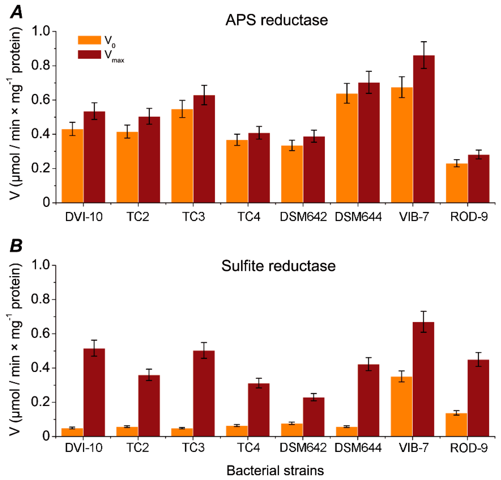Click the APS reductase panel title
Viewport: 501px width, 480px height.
click(x=277, y=20)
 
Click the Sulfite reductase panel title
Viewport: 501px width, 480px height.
click(x=278, y=266)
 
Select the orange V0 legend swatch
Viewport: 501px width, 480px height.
click(x=90, y=40)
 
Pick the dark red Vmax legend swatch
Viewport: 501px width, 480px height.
click(x=90, y=54)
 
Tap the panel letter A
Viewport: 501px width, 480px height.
click(x=16, y=12)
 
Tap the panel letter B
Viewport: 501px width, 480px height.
click(x=16, y=246)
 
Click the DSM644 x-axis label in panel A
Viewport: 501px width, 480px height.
click(x=358, y=217)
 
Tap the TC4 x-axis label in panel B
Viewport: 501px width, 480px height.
click(x=248, y=448)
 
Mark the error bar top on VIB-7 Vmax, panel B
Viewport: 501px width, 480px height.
click(x=423, y=311)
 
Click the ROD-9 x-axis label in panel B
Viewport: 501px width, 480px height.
click(x=469, y=448)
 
